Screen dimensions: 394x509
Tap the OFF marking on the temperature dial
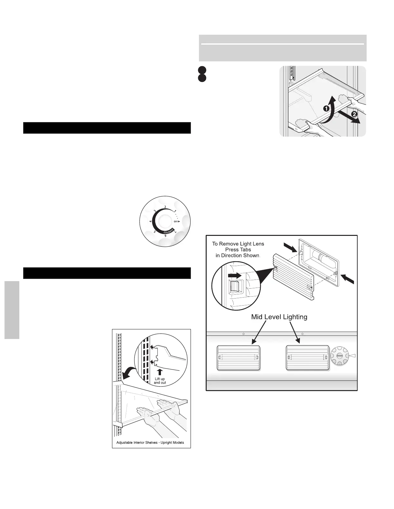[177, 221]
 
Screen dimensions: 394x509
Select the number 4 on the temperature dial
[151, 221]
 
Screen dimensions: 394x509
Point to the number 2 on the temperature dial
[165, 207]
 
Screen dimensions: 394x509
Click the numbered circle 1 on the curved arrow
[326, 109]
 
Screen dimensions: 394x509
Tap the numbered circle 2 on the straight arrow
[354, 114]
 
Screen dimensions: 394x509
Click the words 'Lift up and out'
[160, 381]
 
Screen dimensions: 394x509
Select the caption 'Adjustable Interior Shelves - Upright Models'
[150, 442]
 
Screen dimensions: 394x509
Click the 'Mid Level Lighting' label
[279, 317]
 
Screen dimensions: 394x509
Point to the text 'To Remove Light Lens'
[238, 244]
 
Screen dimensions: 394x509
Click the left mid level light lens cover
[238, 358]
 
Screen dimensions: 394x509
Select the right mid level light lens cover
[307, 358]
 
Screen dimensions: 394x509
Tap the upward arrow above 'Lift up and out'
[160, 372]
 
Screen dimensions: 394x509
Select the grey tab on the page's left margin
[12, 310]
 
